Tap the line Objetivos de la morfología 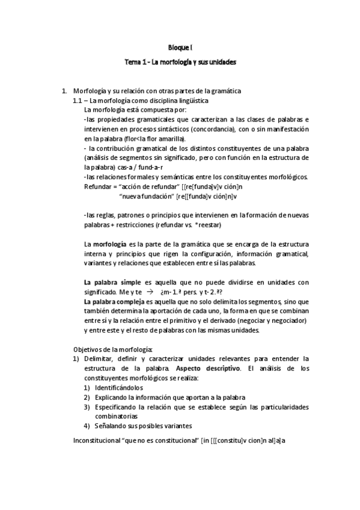pyautogui.click(x=113, y=349)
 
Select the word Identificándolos pyautogui.click(x=118, y=388)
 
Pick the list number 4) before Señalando pyautogui.click(x=87, y=426)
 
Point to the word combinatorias pyautogui.click(x=116, y=416)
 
